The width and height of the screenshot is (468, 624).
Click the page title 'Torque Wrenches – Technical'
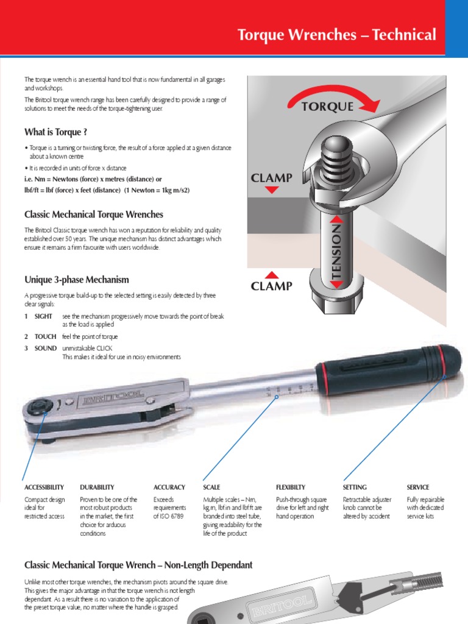coord(336,35)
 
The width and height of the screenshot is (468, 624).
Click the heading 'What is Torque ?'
coord(55,132)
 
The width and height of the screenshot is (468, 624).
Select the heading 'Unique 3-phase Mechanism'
coord(76,280)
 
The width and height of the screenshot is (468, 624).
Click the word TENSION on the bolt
coord(336,250)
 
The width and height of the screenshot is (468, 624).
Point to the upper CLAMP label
coord(272,179)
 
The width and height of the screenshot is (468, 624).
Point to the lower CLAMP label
coord(272,285)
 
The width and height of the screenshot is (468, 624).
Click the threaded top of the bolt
coord(336,161)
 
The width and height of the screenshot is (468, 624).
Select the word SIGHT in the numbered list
coord(44,316)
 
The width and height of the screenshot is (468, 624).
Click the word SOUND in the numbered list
coord(45,348)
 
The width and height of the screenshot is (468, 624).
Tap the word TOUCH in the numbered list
coord(46,336)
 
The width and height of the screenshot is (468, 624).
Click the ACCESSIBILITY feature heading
coord(44,487)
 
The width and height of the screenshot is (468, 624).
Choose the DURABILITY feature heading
coord(97,487)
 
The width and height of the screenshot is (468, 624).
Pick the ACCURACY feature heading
coord(169,487)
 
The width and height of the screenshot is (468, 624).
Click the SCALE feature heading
coord(211,487)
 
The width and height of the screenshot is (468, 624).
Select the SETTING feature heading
coord(355,487)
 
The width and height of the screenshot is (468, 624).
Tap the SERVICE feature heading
coord(418,487)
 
